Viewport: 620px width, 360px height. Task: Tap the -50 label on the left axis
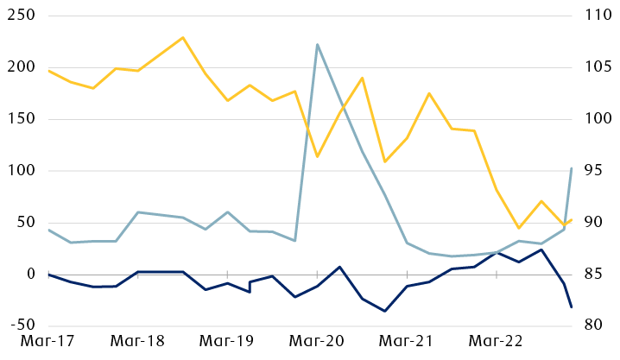(19, 325)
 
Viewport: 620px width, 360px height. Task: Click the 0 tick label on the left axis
(29, 275)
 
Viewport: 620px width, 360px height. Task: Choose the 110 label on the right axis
(597, 16)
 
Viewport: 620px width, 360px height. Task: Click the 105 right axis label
(597, 67)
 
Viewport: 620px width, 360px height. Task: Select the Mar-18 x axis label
(137, 342)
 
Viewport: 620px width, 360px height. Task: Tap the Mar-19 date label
(227, 342)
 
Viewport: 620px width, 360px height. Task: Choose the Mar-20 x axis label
(317, 342)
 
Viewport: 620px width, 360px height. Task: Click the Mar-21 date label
(407, 342)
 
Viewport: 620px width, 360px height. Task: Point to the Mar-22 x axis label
(497, 342)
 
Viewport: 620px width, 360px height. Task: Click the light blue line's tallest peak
(318, 44)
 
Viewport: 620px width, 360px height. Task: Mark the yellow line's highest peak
(183, 37)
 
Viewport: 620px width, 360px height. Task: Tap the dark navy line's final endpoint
(572, 307)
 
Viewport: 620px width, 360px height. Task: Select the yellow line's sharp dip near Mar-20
(318, 156)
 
